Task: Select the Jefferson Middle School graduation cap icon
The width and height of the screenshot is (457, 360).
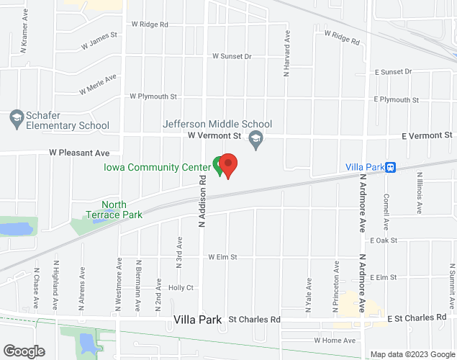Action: (x=255, y=138)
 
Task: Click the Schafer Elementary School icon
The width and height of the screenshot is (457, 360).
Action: (x=16, y=117)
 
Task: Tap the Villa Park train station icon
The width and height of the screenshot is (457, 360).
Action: (x=390, y=167)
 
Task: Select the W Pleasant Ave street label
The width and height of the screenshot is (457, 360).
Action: (x=79, y=153)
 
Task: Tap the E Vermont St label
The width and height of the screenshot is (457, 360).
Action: (x=427, y=135)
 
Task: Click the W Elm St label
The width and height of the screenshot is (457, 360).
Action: (x=222, y=256)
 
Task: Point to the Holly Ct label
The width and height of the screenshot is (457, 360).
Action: (x=181, y=287)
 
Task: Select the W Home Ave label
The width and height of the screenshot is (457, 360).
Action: (x=335, y=340)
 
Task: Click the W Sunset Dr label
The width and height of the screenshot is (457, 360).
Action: (x=232, y=56)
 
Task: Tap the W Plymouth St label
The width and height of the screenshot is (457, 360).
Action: (x=153, y=96)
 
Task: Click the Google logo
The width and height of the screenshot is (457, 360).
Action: (x=23, y=351)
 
